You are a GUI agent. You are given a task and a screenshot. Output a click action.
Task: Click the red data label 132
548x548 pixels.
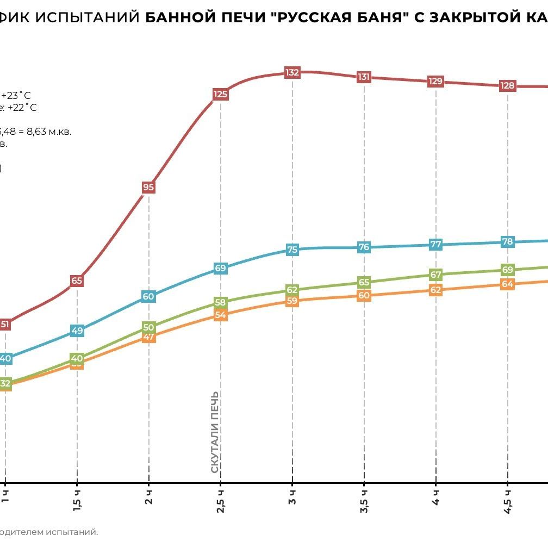292,72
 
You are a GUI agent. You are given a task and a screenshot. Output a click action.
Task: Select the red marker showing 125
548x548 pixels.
220,95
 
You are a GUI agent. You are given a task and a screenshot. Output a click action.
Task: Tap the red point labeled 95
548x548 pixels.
148,188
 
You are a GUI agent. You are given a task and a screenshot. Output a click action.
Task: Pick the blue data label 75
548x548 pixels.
292,250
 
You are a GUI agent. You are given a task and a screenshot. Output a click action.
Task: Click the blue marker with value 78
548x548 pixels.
507,242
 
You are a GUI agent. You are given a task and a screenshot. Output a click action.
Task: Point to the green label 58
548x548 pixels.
220,303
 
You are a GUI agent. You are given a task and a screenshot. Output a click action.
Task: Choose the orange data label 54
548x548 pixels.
220,315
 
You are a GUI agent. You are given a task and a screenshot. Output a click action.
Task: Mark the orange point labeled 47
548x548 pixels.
148,338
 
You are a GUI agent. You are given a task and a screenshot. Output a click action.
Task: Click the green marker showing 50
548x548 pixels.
148,327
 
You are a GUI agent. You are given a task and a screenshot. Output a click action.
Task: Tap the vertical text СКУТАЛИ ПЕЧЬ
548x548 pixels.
215,432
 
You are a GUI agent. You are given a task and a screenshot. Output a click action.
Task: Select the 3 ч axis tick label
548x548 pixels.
292,497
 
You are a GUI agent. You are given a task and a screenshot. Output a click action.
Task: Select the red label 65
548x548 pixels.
77,281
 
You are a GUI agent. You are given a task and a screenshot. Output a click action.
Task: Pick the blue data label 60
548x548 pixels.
148,297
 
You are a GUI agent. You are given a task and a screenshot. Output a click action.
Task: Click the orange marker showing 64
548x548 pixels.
507,284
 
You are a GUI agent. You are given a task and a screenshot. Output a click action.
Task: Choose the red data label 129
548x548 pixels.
435,82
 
